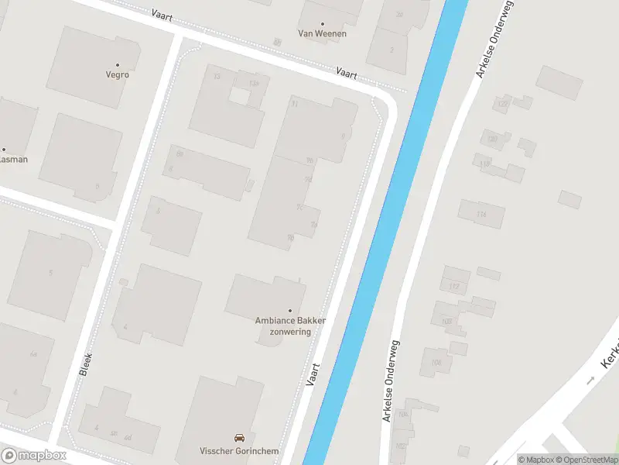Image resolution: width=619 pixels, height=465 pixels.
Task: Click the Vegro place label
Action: click(118, 75)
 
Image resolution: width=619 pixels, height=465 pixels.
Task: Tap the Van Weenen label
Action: click(323, 33)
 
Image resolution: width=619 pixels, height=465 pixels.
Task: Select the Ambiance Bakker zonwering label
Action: click(291, 325)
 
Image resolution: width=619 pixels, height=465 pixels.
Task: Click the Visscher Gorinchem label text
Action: click(238, 452)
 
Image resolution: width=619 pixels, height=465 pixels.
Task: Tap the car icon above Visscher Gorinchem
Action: click(239, 438)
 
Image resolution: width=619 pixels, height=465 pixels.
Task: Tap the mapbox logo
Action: click(34, 456)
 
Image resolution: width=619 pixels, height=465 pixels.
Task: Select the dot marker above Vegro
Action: click(118, 65)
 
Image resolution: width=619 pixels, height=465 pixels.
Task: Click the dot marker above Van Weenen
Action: click(323, 23)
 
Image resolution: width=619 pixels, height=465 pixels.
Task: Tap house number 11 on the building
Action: click(294, 103)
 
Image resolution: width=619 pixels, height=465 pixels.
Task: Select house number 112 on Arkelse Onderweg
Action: click(453, 287)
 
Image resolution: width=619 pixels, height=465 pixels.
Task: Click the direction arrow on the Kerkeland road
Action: click(590, 381)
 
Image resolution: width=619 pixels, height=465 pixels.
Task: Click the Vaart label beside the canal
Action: click(313, 376)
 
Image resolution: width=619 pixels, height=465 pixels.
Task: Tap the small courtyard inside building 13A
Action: click(240, 96)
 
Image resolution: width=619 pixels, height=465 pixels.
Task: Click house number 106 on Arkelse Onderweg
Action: click(436, 362)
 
